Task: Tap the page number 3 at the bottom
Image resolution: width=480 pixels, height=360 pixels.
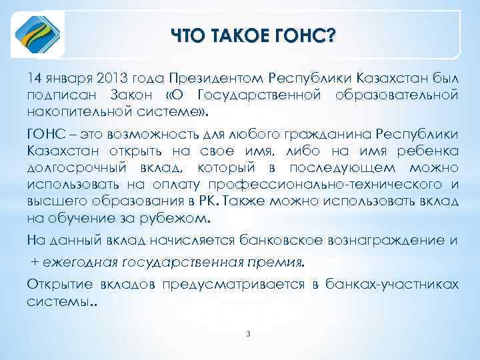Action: coord(247,333)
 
